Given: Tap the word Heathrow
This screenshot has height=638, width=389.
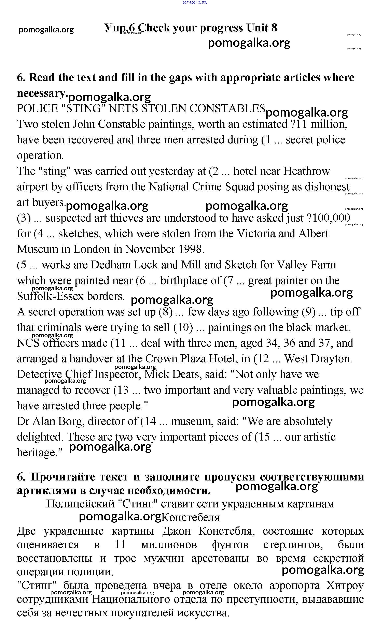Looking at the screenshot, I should coord(307,171).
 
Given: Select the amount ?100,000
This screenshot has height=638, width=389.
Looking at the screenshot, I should coord(328,218).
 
